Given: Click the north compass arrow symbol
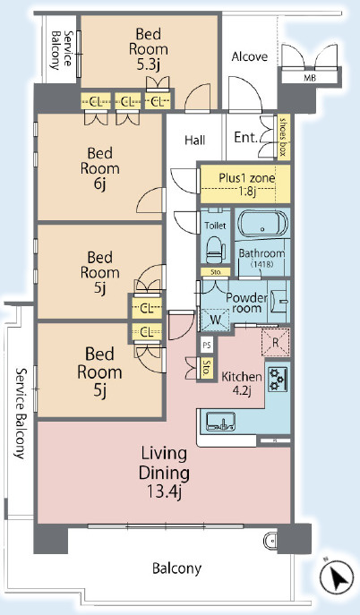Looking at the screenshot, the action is pos(337,577).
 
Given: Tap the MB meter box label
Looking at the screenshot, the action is pos(310,78).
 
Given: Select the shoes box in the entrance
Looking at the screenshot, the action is pos(282,137).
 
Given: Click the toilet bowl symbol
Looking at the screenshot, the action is pos(216,250).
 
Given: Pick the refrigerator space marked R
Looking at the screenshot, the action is pos(275,342).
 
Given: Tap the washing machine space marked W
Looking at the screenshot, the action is pos(215,320).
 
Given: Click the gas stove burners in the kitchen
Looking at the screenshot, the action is pos(278,379).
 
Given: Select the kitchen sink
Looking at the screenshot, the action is pos(221,422).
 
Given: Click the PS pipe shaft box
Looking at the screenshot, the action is pos(207,346).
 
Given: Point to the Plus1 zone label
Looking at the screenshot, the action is pos(246,177).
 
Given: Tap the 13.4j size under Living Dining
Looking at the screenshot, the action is pos(164,491).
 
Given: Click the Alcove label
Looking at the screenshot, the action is pos(250,57).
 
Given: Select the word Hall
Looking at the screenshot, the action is pos(195,140).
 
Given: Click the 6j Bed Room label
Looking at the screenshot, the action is pos(100,168).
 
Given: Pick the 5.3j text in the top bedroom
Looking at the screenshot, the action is pos(149,65).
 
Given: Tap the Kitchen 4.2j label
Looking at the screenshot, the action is pos(242,383).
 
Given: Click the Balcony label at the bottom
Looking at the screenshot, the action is pos(176,568).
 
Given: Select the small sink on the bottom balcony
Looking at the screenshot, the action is pos(270,542).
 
